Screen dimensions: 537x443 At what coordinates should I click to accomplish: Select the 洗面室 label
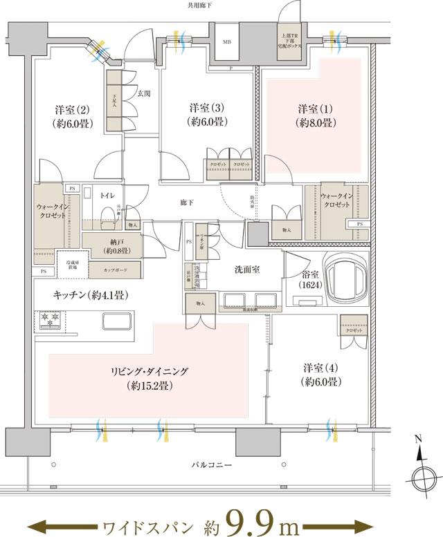(x=246, y=270)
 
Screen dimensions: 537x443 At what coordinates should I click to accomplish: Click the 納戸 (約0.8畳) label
(x=111, y=246)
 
